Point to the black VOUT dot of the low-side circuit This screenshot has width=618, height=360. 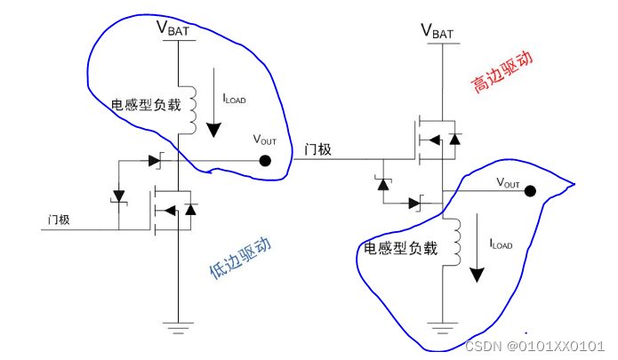264,161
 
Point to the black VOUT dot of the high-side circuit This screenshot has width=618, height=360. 530,190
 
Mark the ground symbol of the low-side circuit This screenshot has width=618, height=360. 181,327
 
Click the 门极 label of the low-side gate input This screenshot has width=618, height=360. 59,220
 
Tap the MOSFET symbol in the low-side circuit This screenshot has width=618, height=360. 171,209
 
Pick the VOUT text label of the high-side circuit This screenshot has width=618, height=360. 507,182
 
